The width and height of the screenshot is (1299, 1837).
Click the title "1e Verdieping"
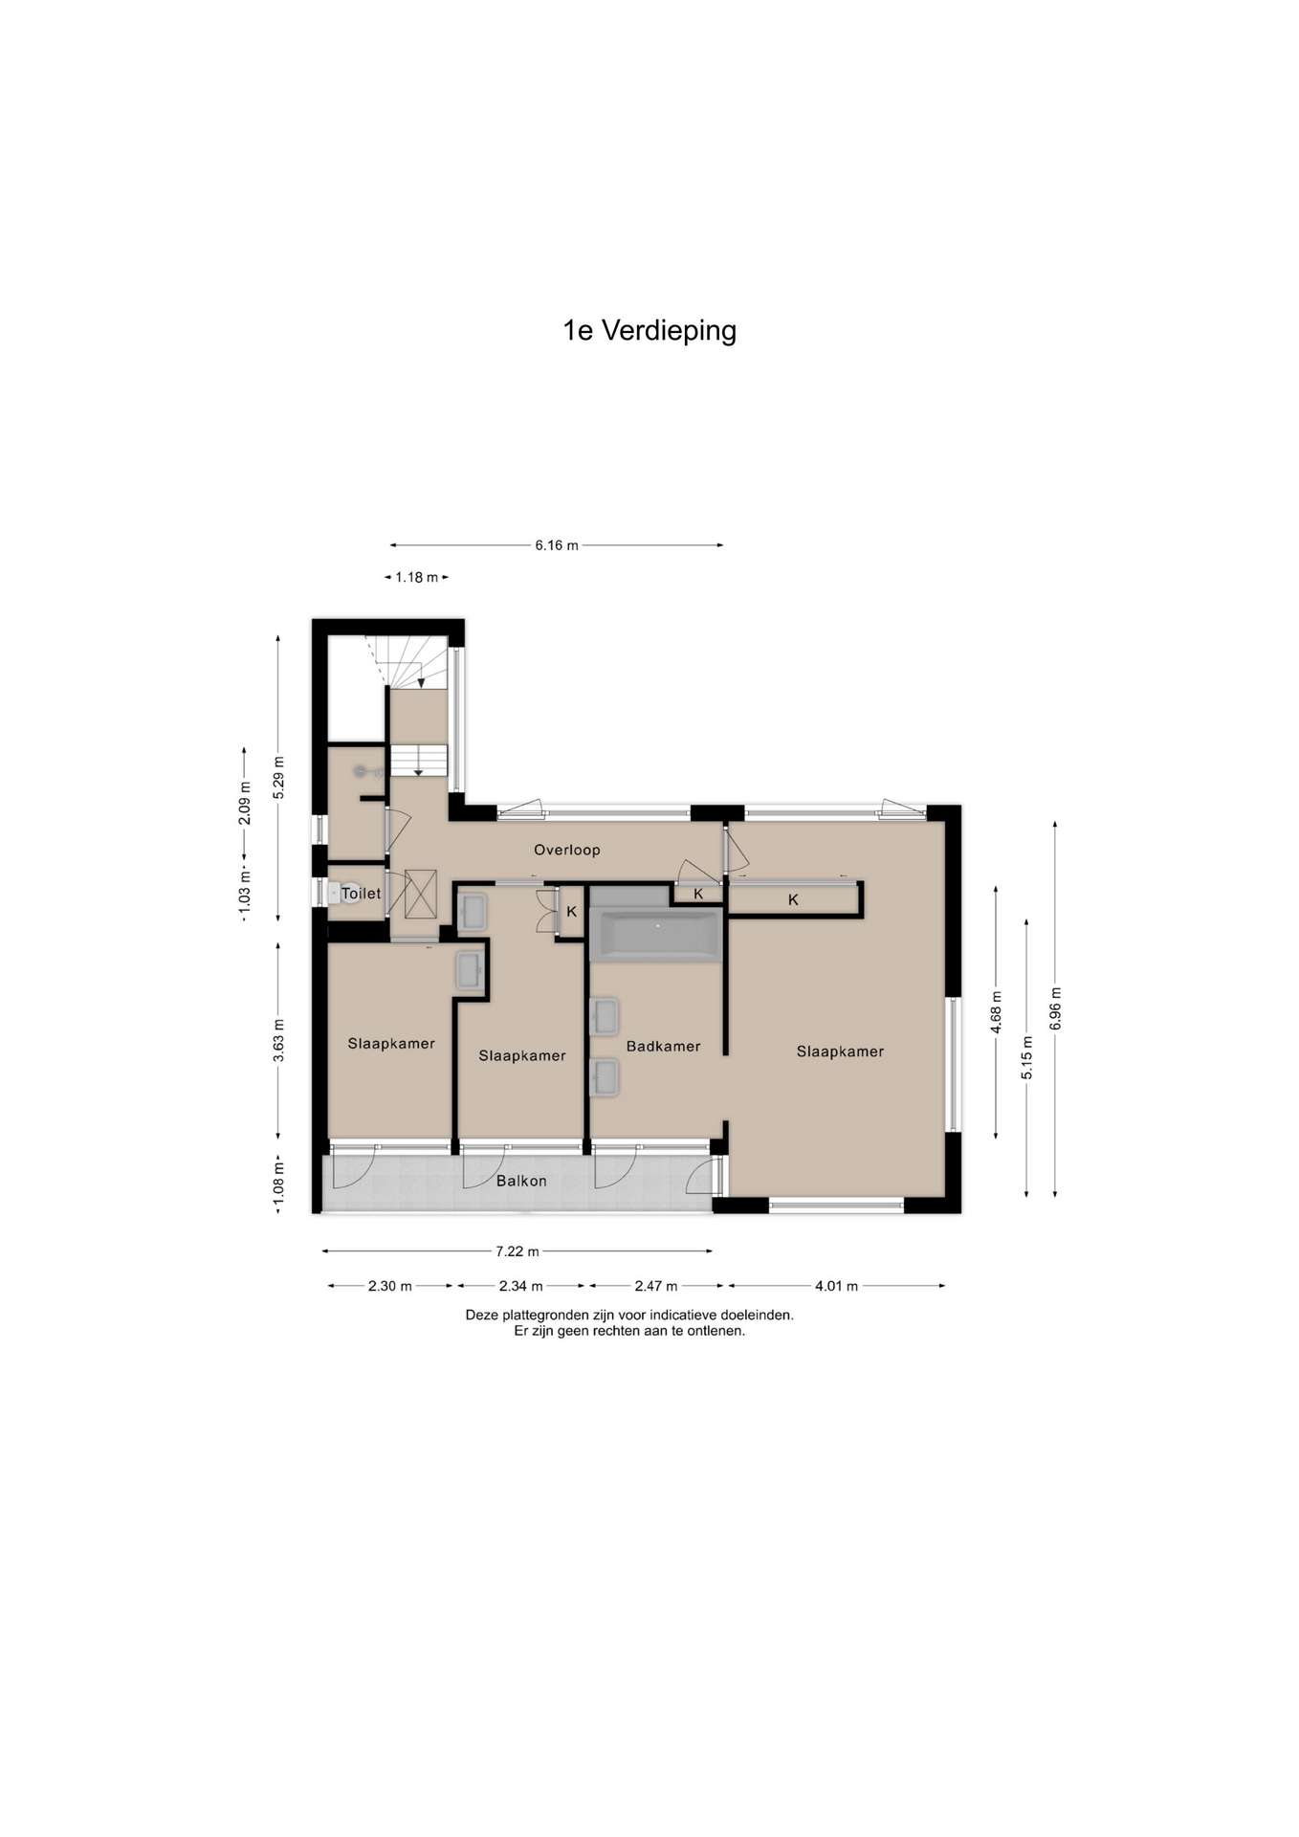[x=649, y=331]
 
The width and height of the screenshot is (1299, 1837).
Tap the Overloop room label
[x=567, y=850]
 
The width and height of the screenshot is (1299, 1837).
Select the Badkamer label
[x=663, y=1047]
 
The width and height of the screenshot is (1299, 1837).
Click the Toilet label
[x=362, y=894]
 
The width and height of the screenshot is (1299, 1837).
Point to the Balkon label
[x=521, y=1181]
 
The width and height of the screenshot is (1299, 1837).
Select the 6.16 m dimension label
[x=557, y=545]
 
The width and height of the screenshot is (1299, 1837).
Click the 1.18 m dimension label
[x=417, y=577]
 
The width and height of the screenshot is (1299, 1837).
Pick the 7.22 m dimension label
[x=517, y=1251]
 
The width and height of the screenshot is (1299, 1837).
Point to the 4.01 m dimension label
[x=836, y=1286]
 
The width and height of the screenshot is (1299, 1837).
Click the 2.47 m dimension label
[x=656, y=1286]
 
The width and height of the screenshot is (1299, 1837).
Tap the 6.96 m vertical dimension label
[x=1055, y=1008]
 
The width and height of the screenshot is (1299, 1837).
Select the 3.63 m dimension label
[x=278, y=1039]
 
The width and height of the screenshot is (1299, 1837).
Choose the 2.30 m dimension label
[x=390, y=1286]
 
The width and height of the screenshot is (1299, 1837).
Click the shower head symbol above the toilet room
[x=360, y=771]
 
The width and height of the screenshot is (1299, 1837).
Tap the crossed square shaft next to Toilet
[x=421, y=894]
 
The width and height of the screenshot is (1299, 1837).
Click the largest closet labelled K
[x=793, y=899]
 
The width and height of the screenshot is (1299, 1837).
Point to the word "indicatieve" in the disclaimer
[x=685, y=1316]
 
